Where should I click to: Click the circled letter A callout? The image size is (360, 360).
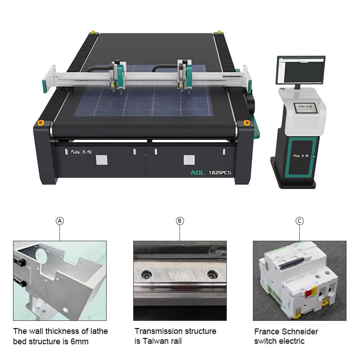60,220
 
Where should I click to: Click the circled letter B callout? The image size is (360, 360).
180,220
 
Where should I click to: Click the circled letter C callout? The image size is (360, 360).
300,220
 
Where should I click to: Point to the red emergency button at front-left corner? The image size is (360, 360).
41,122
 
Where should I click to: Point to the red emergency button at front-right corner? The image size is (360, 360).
246,122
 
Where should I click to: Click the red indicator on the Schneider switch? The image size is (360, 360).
310,293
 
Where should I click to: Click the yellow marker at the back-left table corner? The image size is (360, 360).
93,32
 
